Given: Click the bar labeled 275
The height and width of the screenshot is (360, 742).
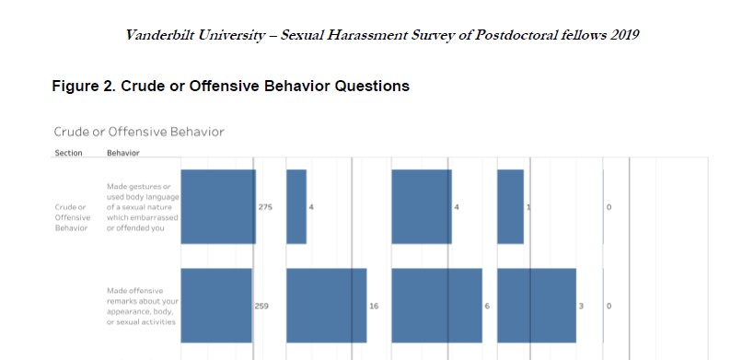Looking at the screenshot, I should [x=218, y=206].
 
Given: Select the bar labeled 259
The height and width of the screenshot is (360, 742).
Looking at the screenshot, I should [x=216, y=305].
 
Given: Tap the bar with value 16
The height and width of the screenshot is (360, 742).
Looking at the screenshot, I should [x=326, y=305].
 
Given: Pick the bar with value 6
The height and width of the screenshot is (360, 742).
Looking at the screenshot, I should [x=436, y=305].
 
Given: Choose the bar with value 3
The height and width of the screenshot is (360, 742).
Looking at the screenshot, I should [x=537, y=305].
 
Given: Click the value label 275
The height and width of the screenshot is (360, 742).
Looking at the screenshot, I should [x=265, y=207].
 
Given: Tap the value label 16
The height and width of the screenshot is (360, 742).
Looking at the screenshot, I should [x=373, y=305].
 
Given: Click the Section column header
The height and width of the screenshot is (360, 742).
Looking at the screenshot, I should [x=68, y=152].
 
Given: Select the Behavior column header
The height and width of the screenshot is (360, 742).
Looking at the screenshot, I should [x=123, y=152].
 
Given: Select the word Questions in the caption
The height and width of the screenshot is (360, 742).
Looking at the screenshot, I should [x=370, y=87].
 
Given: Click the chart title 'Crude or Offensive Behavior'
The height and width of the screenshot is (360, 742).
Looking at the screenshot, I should [x=138, y=132].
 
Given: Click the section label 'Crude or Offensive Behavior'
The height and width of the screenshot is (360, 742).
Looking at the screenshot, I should [x=70, y=217].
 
